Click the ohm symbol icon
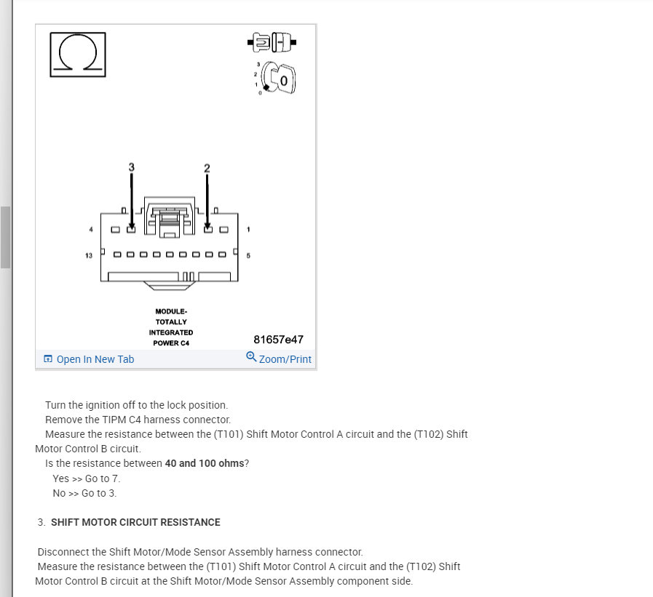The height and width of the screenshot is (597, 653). tap(77, 54)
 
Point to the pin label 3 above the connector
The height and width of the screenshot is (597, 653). tap(132, 167)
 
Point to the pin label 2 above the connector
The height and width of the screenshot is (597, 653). tap(207, 168)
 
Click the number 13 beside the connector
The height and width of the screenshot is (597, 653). tap(89, 255)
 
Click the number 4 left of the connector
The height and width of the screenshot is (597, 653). tap(91, 230)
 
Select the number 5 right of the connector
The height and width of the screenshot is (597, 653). tap(248, 255)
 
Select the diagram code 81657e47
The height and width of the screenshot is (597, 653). tap(278, 340)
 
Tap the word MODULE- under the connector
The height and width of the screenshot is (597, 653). tap(171, 311)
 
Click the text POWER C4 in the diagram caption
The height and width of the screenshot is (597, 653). tap(171, 343)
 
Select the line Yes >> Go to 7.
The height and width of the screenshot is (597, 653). tap(87, 478)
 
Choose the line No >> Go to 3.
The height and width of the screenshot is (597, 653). tap(84, 493)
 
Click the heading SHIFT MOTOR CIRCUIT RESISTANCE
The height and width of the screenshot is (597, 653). tap(135, 522)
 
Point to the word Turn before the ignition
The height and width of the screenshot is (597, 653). tap(56, 405)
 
